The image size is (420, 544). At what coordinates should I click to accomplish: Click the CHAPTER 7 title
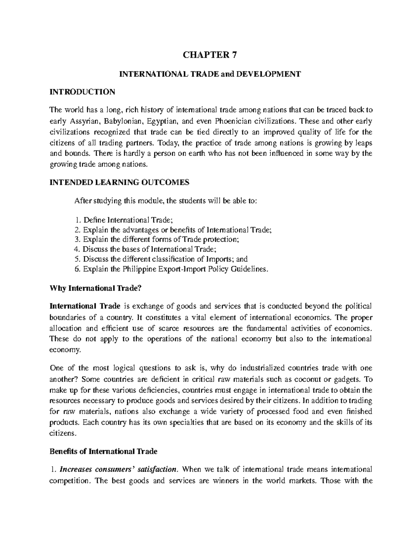click(x=210, y=55)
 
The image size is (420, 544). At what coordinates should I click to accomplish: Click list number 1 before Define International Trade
click(x=77, y=220)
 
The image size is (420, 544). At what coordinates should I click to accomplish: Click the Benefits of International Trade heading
click(x=104, y=452)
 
